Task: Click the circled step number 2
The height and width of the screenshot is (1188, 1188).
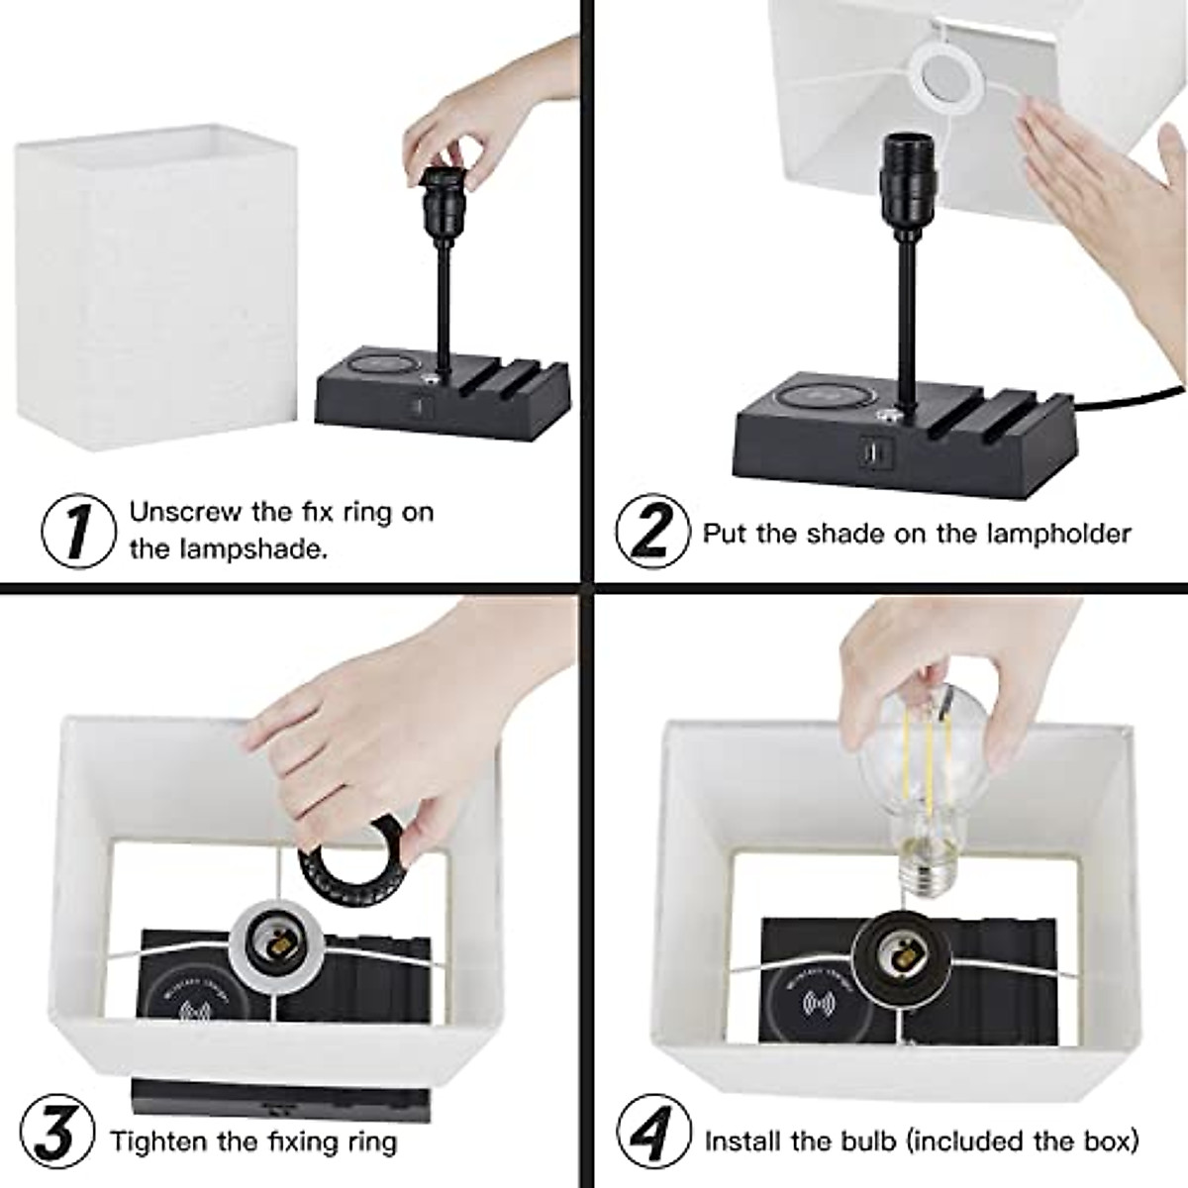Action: [652, 531]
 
